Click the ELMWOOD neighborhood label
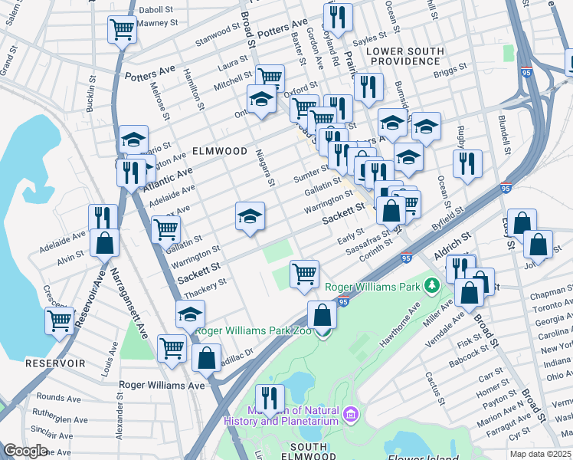click(219, 151)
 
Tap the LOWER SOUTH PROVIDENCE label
click(405, 56)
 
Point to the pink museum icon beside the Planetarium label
click(352, 415)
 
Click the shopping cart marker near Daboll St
click(123, 30)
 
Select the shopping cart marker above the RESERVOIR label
click(60, 320)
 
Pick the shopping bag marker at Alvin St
click(104, 243)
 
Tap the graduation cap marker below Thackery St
click(191, 314)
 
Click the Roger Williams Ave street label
click(162, 385)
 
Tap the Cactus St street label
click(434, 389)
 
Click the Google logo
click(25, 451)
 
